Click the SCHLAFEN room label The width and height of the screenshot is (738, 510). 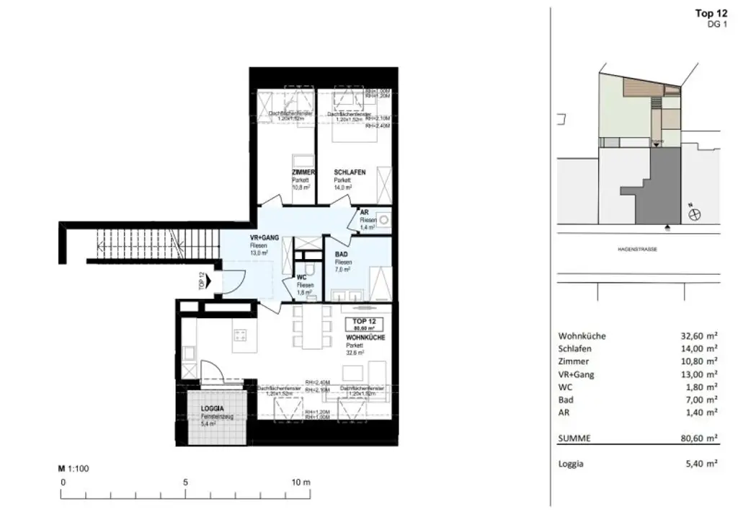[350, 172]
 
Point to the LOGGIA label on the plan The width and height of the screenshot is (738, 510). [213, 409]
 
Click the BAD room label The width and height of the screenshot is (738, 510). [342, 255]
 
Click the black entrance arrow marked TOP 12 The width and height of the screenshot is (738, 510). [209, 280]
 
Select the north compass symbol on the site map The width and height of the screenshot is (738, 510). [695, 214]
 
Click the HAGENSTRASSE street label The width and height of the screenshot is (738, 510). [637, 249]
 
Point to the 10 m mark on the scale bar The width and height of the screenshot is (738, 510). [301, 482]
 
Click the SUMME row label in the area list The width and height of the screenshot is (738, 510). [575, 438]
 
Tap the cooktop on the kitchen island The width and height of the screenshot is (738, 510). [241, 335]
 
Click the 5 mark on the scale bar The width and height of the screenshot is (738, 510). [186, 482]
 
